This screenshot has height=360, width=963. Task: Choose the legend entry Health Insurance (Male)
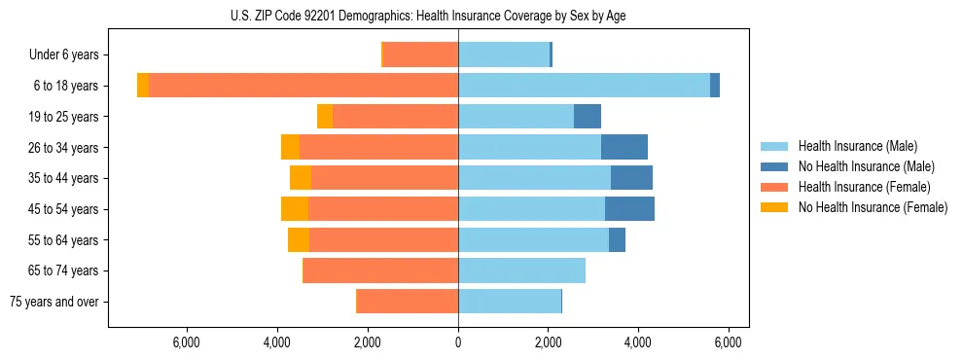[x=857, y=146]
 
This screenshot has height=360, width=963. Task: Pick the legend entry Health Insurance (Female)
[x=864, y=187]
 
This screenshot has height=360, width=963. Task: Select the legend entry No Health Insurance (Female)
[x=873, y=207]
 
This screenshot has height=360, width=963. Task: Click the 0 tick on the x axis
[x=458, y=342]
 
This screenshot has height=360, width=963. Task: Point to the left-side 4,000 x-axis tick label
[x=277, y=342]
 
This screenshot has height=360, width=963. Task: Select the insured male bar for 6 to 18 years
[x=584, y=86]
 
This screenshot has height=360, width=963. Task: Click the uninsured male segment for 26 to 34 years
[x=624, y=148]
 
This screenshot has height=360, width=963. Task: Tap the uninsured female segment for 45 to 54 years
[x=295, y=209]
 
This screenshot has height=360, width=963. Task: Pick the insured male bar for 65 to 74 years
[x=521, y=270]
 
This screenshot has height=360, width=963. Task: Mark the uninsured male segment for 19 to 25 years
[x=588, y=117]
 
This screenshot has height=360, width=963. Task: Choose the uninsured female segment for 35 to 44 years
[x=301, y=178]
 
